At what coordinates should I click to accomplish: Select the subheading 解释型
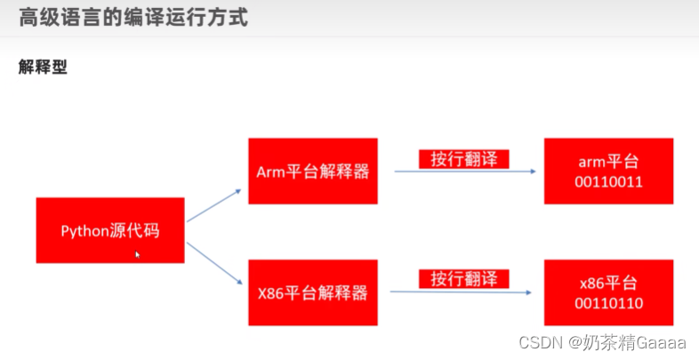43,67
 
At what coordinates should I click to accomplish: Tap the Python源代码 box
110,230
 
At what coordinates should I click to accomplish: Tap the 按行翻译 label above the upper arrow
463,158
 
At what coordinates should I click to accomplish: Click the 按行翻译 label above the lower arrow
463,278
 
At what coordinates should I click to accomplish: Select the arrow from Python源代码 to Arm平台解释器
213,205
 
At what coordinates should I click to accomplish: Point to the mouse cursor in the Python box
137,254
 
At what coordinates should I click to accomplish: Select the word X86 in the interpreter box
269,292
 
